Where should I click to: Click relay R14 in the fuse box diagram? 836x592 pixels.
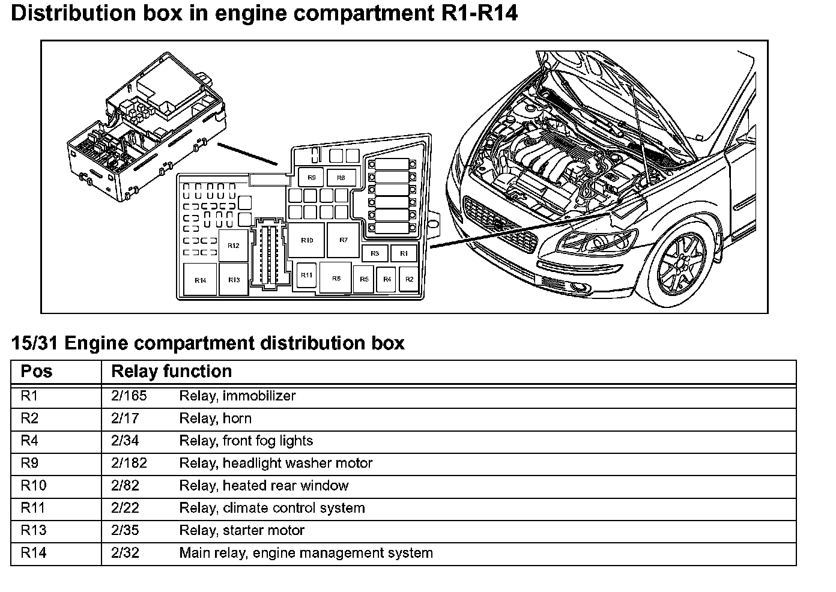point(201,280)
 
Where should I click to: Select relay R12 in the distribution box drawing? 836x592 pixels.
point(234,245)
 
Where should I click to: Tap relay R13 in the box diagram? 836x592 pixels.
point(234,280)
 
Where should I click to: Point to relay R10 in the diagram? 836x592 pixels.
point(307,240)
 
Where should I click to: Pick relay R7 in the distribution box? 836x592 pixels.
point(344,240)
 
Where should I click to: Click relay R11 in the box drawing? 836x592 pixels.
point(307,276)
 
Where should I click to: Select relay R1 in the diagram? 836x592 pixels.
point(404,253)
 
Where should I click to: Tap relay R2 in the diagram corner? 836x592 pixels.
point(409,279)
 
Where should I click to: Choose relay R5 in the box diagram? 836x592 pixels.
point(364,279)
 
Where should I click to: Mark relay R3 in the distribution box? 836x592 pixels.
point(375,253)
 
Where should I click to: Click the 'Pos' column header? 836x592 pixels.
point(37,371)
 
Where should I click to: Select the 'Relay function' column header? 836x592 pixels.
point(172,371)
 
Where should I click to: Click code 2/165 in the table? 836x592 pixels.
point(129,396)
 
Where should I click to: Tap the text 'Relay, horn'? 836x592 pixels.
point(215,418)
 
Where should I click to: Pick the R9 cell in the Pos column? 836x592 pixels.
point(30,463)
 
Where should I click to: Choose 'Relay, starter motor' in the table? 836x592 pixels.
point(241,530)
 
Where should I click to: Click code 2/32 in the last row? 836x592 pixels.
point(125,553)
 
